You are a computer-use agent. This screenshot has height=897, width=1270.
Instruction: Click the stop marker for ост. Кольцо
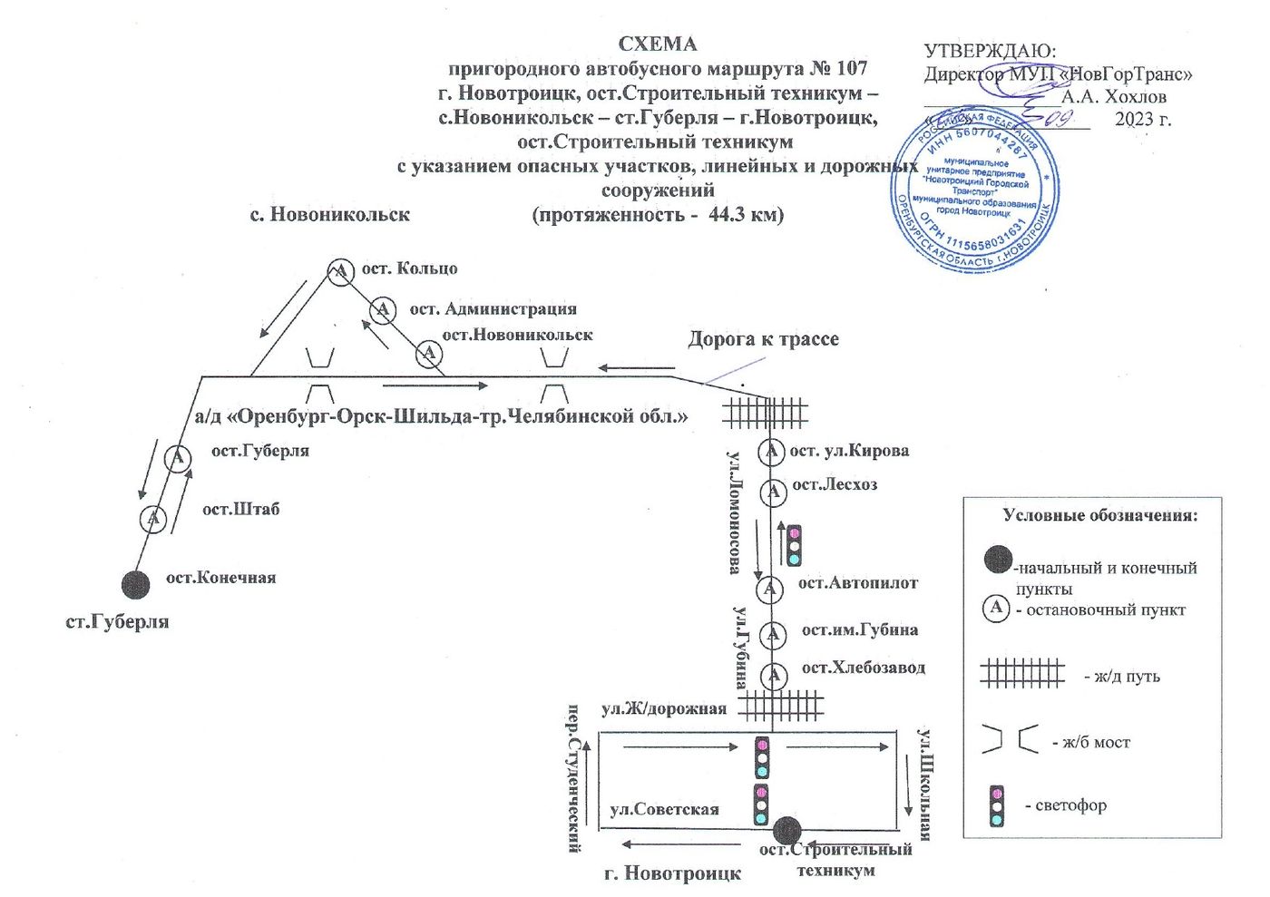[x=340, y=271]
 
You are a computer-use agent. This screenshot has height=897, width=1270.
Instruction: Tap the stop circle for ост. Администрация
[x=383, y=310]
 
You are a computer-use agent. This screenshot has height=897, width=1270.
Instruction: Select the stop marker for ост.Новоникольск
[x=428, y=354]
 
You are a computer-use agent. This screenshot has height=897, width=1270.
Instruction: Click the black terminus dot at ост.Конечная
[x=136, y=585]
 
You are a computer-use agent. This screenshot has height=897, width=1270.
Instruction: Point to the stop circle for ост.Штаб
[x=153, y=519]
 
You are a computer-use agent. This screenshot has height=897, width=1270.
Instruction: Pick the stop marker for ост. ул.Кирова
[x=771, y=451]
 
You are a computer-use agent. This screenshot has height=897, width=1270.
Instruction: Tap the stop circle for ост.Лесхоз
[x=772, y=492]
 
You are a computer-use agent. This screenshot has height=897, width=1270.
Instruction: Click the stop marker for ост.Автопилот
[x=769, y=590]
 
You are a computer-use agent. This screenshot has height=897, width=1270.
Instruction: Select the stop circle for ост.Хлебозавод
[x=773, y=675]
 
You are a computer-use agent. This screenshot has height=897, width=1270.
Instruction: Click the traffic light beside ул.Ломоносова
[x=794, y=545]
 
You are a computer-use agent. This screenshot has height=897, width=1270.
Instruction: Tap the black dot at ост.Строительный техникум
[x=786, y=830]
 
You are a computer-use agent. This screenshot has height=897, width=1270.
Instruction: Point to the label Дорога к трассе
[x=763, y=339]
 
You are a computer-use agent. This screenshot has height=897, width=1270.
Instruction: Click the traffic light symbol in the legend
[x=997, y=805]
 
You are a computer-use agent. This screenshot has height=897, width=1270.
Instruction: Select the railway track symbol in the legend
[x=1021, y=674]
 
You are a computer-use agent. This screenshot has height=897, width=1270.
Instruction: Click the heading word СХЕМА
[x=658, y=44]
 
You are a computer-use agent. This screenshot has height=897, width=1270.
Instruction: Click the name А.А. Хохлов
[x=1114, y=96]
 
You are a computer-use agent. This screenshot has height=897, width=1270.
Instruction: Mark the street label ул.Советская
[x=664, y=810]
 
